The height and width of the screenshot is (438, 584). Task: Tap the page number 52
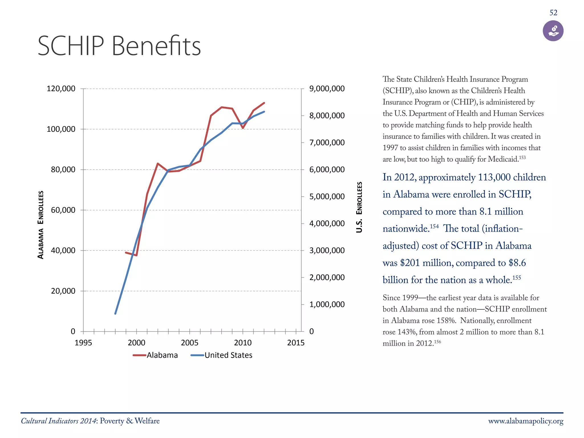pyautogui.click(x=553, y=13)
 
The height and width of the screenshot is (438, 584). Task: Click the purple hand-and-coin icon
pyautogui.click(x=553, y=31)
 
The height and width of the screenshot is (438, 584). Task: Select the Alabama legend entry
pyautogui.click(x=155, y=355)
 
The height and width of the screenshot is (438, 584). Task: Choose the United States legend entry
pyautogui.click(x=222, y=355)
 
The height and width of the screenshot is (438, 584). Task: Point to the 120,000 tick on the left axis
pyautogui.click(x=61, y=89)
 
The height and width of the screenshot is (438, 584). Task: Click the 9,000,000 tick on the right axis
pyautogui.click(x=327, y=89)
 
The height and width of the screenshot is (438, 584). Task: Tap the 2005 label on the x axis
pyautogui.click(x=189, y=342)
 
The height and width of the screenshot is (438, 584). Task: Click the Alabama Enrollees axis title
pyautogui.click(x=41, y=225)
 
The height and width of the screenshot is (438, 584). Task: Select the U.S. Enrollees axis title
pyautogui.click(x=359, y=207)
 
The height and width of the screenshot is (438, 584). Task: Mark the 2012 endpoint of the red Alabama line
pyautogui.click(x=264, y=103)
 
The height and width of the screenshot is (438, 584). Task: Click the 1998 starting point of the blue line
pyautogui.click(x=115, y=314)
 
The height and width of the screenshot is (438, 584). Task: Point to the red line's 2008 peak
pyautogui.click(x=222, y=107)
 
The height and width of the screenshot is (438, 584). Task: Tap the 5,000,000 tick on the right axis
pyautogui.click(x=327, y=196)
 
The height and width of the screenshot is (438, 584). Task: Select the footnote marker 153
pyautogui.click(x=522, y=157)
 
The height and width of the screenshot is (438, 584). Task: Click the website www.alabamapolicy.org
pyautogui.click(x=526, y=421)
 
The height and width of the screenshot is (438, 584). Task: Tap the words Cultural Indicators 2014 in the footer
pyautogui.click(x=59, y=421)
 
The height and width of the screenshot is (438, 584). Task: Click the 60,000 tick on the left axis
pyautogui.click(x=63, y=210)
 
